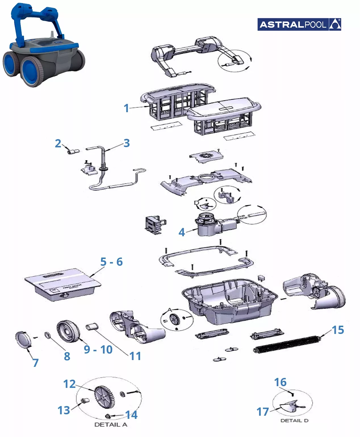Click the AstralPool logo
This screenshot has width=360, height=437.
[299, 24]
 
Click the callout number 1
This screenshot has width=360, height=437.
[126, 108]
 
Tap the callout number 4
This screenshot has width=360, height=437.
[182, 233]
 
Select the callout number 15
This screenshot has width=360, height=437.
[338, 330]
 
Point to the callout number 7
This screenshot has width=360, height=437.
[35, 363]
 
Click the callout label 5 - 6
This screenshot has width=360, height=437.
[111, 262]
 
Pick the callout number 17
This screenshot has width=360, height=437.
[262, 412]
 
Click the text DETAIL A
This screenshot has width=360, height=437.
[110, 425]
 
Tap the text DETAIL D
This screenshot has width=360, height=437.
[294, 421]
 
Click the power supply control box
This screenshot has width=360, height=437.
[63, 285]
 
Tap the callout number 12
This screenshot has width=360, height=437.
[70, 384]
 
